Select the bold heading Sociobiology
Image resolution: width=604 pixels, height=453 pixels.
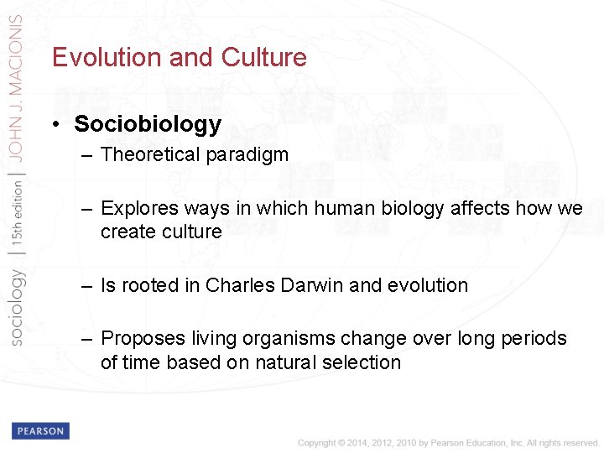point(148,125)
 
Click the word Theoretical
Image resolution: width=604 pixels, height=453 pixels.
point(151,155)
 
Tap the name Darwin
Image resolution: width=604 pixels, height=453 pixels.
point(310,285)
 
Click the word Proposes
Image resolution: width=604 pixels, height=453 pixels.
point(139,339)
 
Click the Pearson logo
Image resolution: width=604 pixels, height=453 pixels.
point(40,431)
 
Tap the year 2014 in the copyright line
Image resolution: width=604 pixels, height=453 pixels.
point(353,443)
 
